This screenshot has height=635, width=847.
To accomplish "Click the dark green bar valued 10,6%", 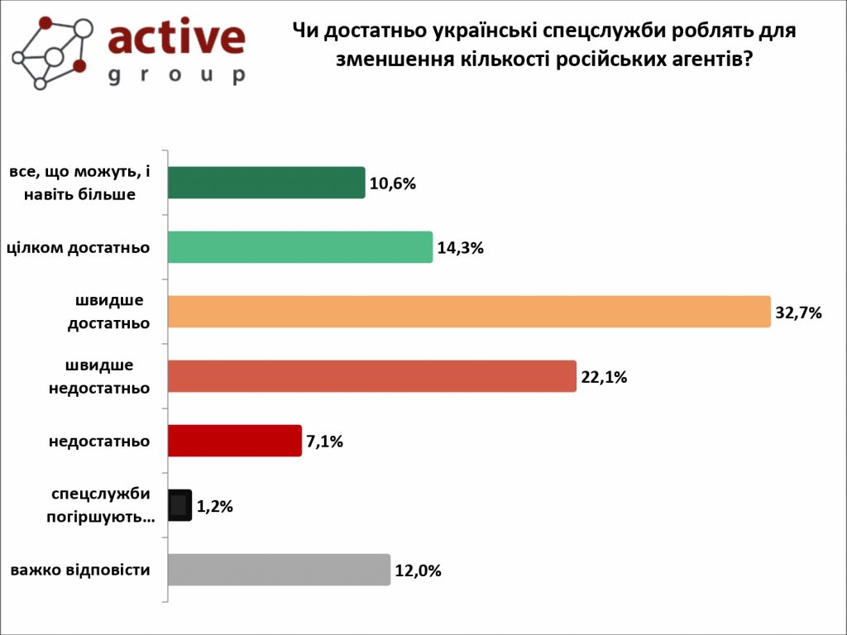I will pyautogui.click(x=266, y=183).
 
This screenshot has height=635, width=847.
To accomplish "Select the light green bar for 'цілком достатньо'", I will pyautogui.click(x=300, y=247).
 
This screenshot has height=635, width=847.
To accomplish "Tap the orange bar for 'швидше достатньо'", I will pyautogui.click(x=469, y=312).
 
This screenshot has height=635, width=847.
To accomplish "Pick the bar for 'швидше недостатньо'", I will pyautogui.click(x=371, y=376).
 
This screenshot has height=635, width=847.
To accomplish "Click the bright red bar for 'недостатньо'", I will pyautogui.click(x=234, y=441).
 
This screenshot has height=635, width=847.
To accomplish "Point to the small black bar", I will pyautogui.click(x=179, y=505).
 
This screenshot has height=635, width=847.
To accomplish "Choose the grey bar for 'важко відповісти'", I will pyautogui.click(x=279, y=570).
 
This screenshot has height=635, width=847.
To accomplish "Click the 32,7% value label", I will pyautogui.click(x=798, y=313).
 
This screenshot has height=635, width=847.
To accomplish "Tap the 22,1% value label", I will pyautogui.click(x=605, y=377).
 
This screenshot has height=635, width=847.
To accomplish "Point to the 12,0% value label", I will pyautogui.click(x=419, y=571).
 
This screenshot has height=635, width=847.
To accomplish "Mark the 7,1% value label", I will pyautogui.click(x=325, y=442).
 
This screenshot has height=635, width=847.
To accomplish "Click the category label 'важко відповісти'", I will pyautogui.click(x=80, y=570).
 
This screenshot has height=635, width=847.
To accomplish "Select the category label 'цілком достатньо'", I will pyautogui.click(x=78, y=247).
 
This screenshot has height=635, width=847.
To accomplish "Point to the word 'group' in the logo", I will pyautogui.click(x=176, y=75).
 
